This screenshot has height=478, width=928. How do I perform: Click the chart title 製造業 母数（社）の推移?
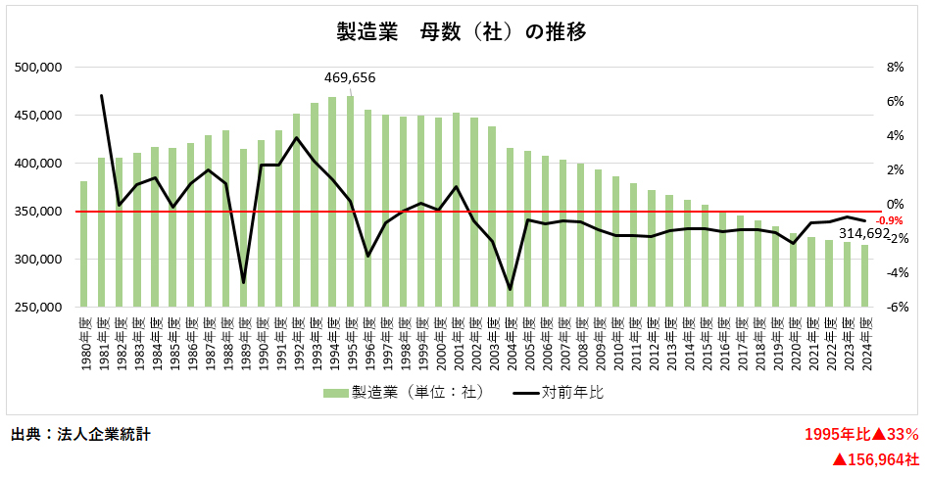(462, 32)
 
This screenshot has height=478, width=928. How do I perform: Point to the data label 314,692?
(863, 234)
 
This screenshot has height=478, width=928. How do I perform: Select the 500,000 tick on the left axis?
(40, 68)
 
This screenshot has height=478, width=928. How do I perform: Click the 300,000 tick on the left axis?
(40, 260)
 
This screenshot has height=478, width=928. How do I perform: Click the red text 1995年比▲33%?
(861, 434)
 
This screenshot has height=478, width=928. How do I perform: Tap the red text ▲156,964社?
(875, 458)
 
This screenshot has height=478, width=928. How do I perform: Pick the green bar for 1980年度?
(83, 245)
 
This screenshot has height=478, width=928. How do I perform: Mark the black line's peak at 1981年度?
(102, 95)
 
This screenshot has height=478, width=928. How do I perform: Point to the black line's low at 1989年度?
(244, 283)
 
